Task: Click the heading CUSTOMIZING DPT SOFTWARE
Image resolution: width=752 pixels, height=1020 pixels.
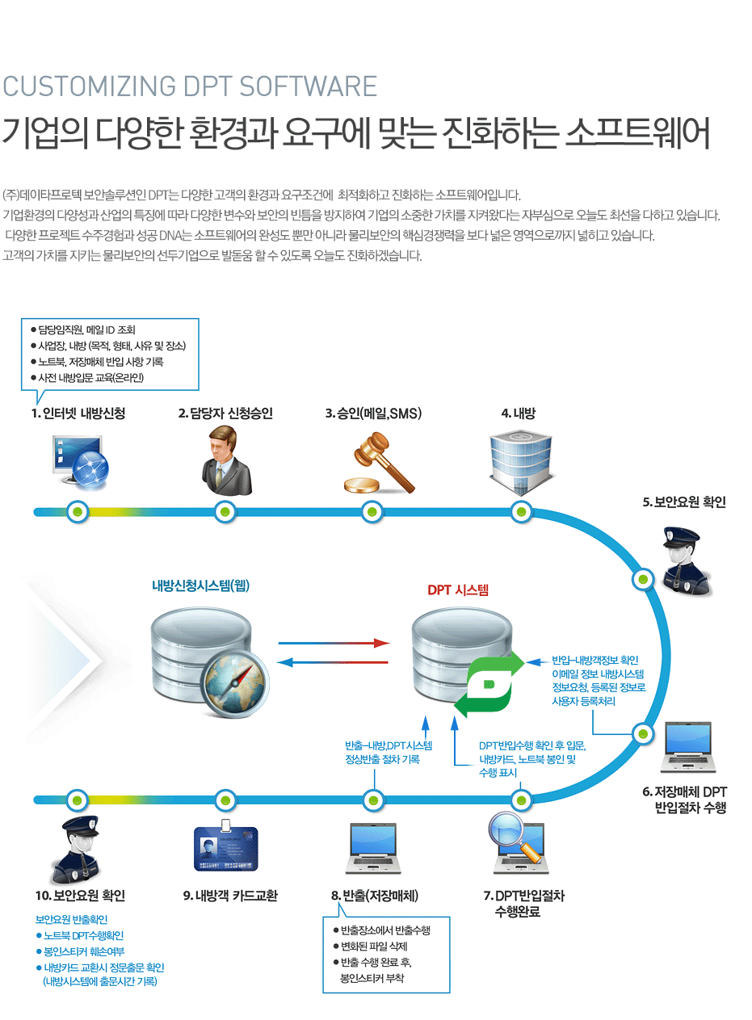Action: click(190, 86)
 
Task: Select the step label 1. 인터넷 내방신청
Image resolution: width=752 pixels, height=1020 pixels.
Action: click(78, 413)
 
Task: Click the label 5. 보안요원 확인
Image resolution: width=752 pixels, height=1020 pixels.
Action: click(684, 502)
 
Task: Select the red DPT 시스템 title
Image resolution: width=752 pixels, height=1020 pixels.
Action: click(458, 590)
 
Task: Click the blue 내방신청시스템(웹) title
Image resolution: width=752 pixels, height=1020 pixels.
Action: click(200, 586)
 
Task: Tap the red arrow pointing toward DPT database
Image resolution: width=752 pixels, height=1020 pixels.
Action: click(334, 644)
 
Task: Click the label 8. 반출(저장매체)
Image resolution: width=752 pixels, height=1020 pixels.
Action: click(374, 896)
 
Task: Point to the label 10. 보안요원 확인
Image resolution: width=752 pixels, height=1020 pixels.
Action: click(80, 896)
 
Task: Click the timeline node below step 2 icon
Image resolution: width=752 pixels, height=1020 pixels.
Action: click(226, 512)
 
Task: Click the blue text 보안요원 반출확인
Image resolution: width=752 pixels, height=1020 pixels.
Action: click(72, 920)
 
